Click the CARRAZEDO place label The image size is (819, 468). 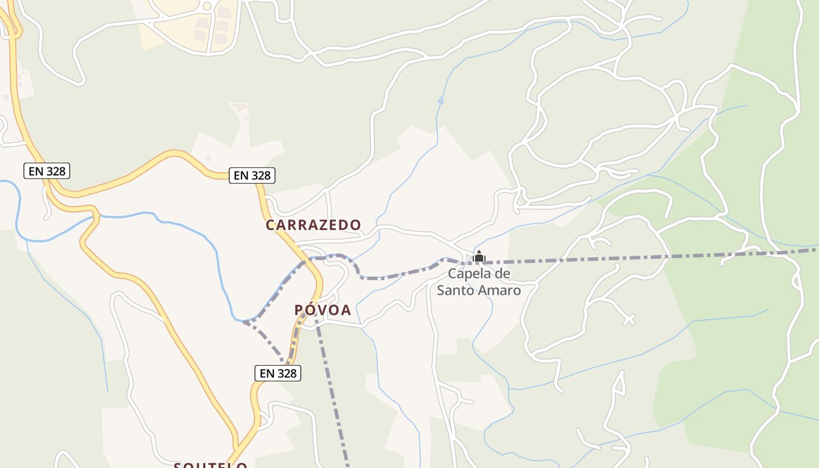313,225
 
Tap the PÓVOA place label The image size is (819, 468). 322,310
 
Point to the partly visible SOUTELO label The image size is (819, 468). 211,465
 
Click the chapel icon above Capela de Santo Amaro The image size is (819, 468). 479,256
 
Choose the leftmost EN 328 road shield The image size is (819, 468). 47,171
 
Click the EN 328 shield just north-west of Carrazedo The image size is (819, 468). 252,175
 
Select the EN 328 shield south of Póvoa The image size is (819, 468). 278,373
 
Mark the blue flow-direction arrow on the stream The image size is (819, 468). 441,100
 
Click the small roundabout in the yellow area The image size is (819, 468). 207,6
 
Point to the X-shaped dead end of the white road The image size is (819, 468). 629,319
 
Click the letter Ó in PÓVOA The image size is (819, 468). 312,310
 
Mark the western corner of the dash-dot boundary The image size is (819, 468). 245,322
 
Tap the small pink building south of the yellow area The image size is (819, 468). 239,108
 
